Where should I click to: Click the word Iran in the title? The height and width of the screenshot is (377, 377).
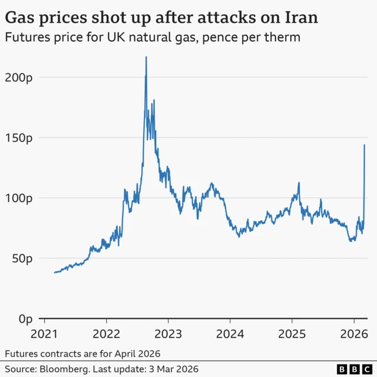pyautogui.click(x=299, y=17)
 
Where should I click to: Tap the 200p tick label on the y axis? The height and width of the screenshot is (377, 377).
pyautogui.click(x=20, y=77)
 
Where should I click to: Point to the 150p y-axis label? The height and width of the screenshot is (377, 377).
pyautogui.click(x=20, y=138)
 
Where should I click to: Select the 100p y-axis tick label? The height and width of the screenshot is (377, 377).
pyautogui.click(x=20, y=198)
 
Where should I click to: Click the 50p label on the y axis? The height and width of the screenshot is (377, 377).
pyautogui.click(x=22, y=258)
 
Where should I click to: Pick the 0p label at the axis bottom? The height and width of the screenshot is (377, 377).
pyautogui.click(x=25, y=319)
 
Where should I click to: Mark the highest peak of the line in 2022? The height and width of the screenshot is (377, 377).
pyautogui.click(x=146, y=57)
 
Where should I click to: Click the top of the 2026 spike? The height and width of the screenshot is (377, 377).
pyautogui.click(x=364, y=145)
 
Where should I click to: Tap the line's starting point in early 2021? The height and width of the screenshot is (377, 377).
pyautogui.click(x=54, y=272)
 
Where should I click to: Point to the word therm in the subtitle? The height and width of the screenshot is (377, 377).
pyautogui.click(x=285, y=38)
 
